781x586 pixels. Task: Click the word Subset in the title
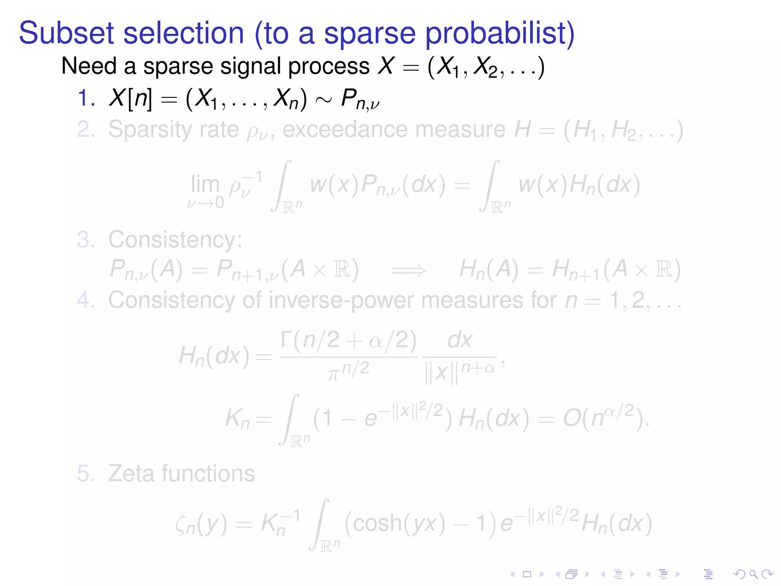66,33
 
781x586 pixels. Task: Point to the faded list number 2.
85,130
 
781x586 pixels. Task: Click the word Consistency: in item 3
175,240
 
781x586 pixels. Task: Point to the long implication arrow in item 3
408,270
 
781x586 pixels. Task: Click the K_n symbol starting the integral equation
237,419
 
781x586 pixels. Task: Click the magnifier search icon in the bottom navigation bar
753,574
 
